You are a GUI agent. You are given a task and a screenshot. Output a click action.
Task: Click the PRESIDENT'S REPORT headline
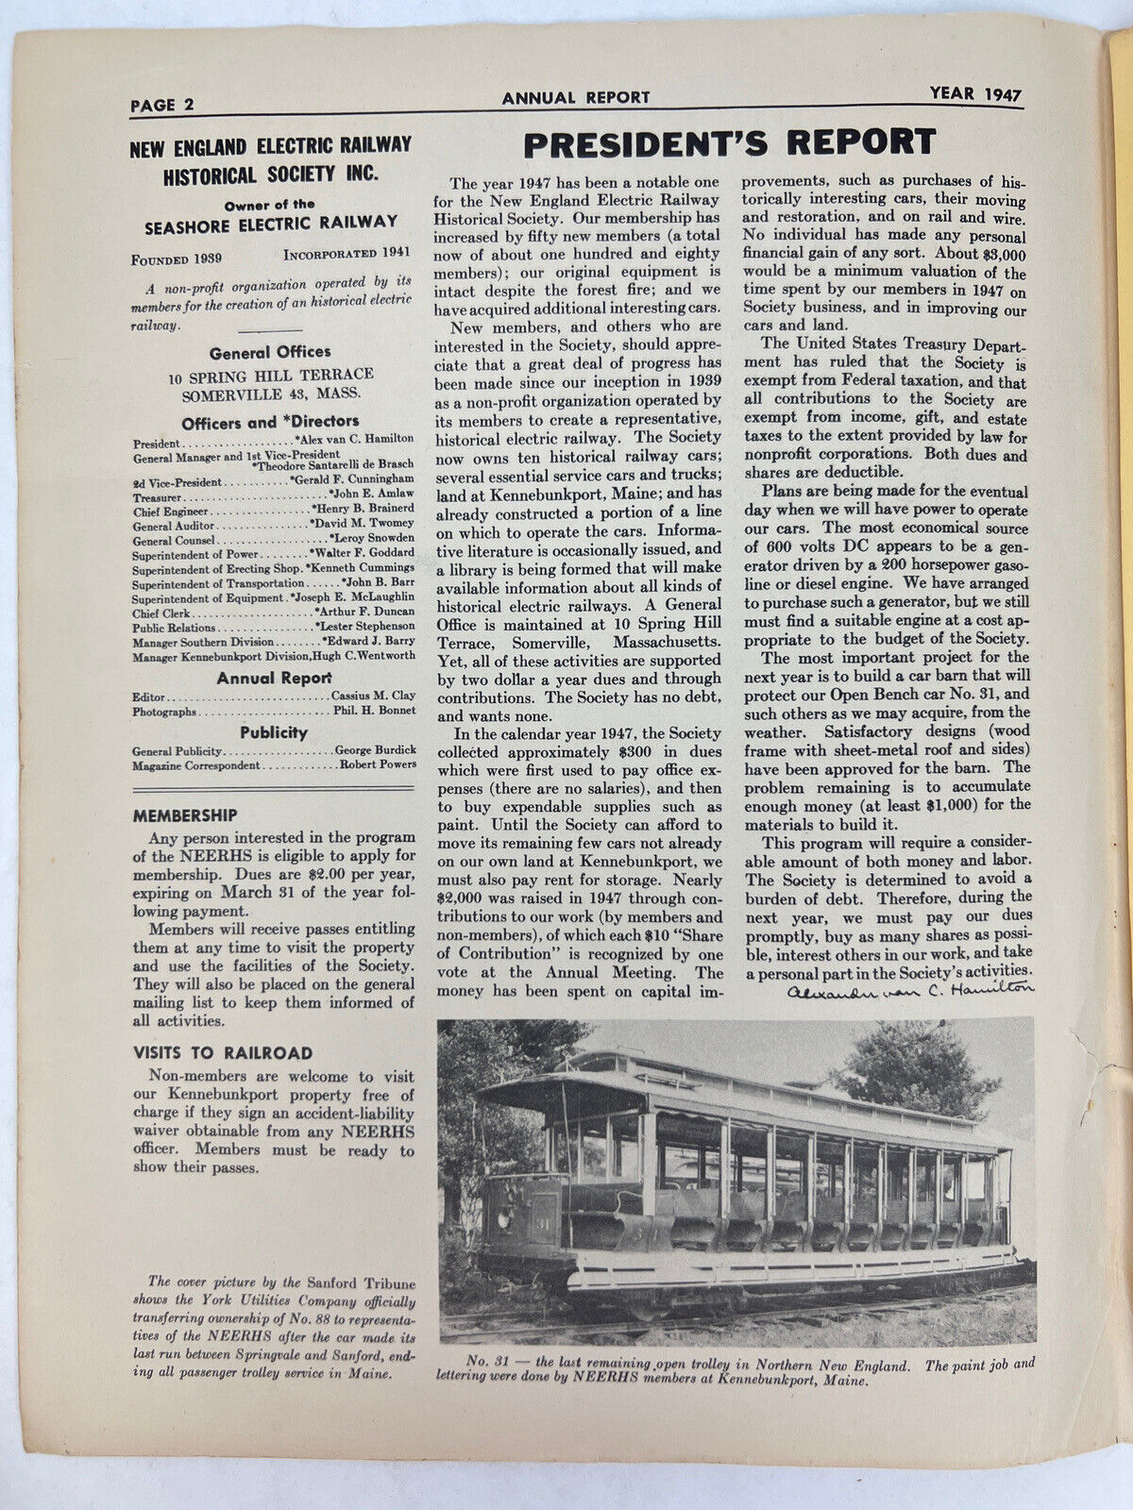click(x=730, y=143)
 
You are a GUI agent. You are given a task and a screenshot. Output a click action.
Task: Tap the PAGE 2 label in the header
click(x=163, y=105)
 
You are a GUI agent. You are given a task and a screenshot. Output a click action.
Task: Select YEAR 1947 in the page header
click(x=974, y=94)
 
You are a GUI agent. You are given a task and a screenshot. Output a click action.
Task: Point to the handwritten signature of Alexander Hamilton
click(x=908, y=990)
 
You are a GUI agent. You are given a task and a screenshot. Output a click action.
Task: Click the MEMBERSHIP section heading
click(x=185, y=814)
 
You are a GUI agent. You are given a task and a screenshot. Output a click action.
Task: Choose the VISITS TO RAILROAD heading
click(x=222, y=1052)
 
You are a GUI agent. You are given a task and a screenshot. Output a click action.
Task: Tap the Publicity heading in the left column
click(x=273, y=732)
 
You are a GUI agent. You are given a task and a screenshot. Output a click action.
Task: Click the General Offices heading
click(x=270, y=353)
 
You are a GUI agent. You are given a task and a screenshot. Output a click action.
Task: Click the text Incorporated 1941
click(x=348, y=255)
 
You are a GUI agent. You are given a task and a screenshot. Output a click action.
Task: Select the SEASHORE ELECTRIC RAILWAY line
click(x=271, y=223)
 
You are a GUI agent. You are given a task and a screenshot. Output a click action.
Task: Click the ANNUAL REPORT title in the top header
click(x=576, y=97)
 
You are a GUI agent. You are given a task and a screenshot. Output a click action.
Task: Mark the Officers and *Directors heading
click(x=270, y=422)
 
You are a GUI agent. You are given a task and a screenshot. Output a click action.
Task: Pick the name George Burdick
click(x=376, y=750)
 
